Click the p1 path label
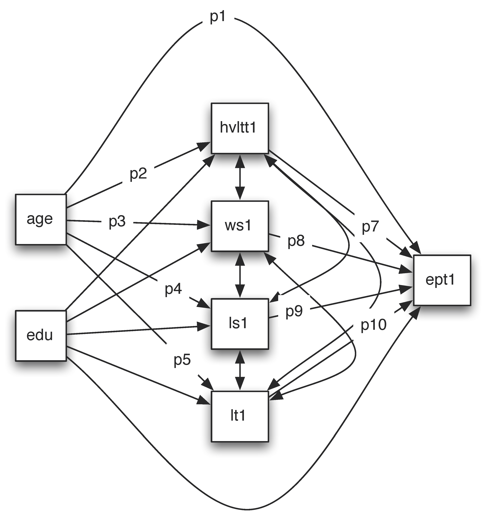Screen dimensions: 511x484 (x=218, y=17)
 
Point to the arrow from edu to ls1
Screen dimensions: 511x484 (x=137, y=331)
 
